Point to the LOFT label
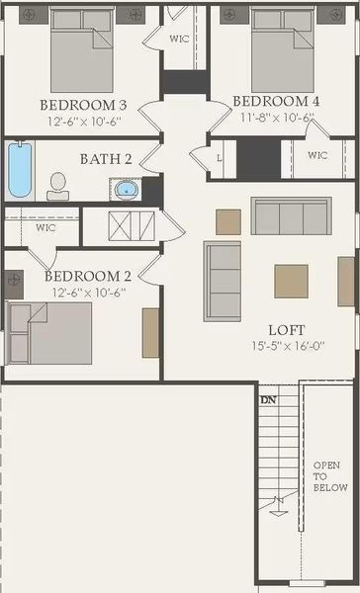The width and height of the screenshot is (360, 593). pyautogui.click(x=286, y=330)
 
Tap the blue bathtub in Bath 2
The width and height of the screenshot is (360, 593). pyautogui.click(x=20, y=171)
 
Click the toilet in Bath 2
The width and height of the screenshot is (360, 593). pyautogui.click(x=57, y=183)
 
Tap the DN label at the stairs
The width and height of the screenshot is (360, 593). pyautogui.click(x=267, y=399)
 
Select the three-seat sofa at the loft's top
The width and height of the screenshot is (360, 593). pyautogui.click(x=291, y=214)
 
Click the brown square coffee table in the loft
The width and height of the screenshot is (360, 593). pyautogui.click(x=291, y=281)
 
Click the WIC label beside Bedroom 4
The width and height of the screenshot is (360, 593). pyautogui.click(x=317, y=155)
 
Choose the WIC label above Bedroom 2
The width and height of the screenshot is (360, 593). pyautogui.click(x=45, y=227)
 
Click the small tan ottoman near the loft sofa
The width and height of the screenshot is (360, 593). pyautogui.click(x=228, y=222)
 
